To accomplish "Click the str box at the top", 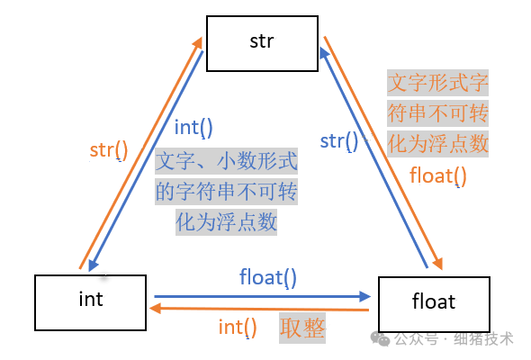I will [x=261, y=41].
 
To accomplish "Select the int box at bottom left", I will [x=91, y=301].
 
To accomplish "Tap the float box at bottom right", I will [x=435, y=302].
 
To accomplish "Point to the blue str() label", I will [x=338, y=140].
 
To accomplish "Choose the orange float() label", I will [x=438, y=175].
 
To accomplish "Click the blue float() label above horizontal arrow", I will [x=267, y=277].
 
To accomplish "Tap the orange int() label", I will [x=238, y=327].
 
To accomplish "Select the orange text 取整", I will [x=301, y=328].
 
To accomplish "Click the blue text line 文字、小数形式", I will [x=226, y=162].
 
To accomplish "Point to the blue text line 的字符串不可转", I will [x=226, y=192].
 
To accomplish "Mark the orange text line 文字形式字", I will [x=437, y=84].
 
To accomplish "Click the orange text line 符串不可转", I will [x=437, y=113].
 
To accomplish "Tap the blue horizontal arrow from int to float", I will [x=261, y=295].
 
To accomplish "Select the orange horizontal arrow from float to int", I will [x=261, y=309].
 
